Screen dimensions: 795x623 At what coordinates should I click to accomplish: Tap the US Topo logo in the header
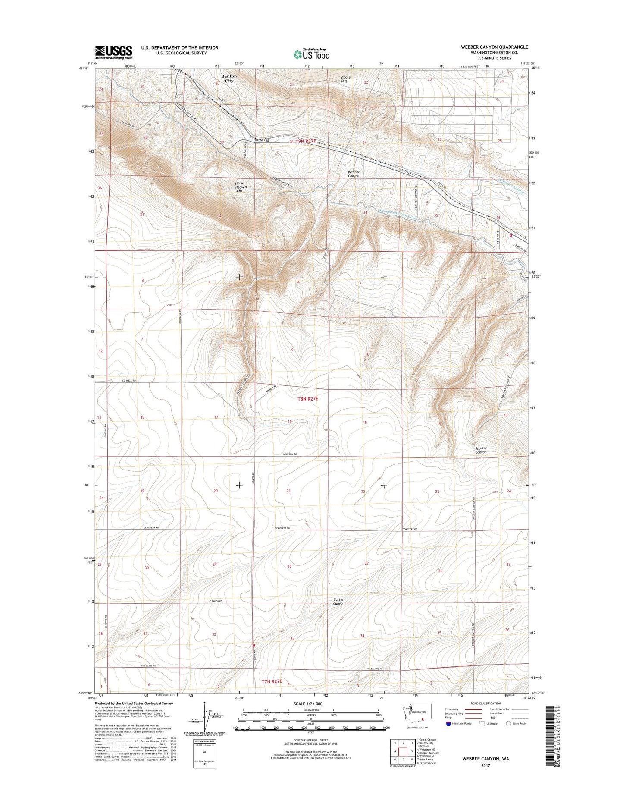tap(311, 54)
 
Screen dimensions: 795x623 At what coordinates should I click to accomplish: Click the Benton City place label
tap(229, 78)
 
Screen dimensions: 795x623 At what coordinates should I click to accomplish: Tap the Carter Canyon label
tap(339, 601)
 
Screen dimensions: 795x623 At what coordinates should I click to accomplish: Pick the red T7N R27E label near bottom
tap(272, 681)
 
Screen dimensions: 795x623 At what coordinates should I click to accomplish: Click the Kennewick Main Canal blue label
tap(398, 215)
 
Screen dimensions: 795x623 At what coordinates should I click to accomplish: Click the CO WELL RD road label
tap(128, 381)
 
